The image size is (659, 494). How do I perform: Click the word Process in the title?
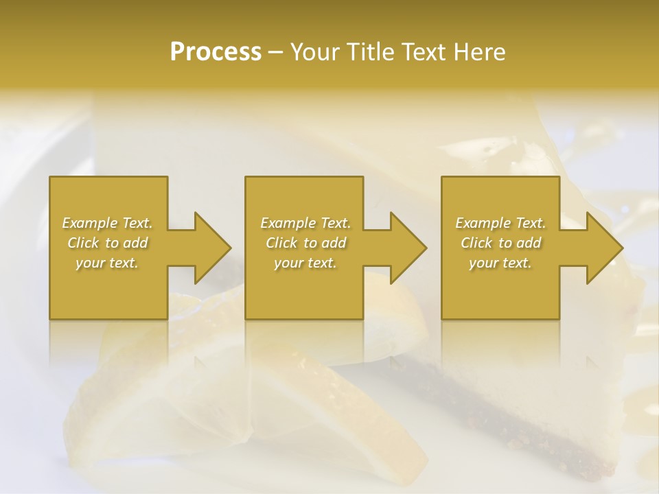tap(216, 52)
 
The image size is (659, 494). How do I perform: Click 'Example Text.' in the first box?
tap(107, 223)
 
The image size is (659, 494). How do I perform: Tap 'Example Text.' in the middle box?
tap(305, 223)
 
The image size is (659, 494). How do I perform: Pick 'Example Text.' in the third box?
tap(500, 223)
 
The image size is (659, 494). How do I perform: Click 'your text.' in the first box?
tap(107, 263)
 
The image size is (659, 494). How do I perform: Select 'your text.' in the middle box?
tap(305, 263)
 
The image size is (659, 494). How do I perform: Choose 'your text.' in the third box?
tap(500, 263)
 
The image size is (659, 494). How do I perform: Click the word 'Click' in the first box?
tap(83, 243)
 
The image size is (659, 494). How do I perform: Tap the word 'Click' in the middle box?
tap(281, 243)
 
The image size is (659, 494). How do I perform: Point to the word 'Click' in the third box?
tap(476, 243)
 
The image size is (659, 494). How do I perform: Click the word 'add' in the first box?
tap(135, 243)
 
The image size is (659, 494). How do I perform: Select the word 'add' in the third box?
tap(529, 243)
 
